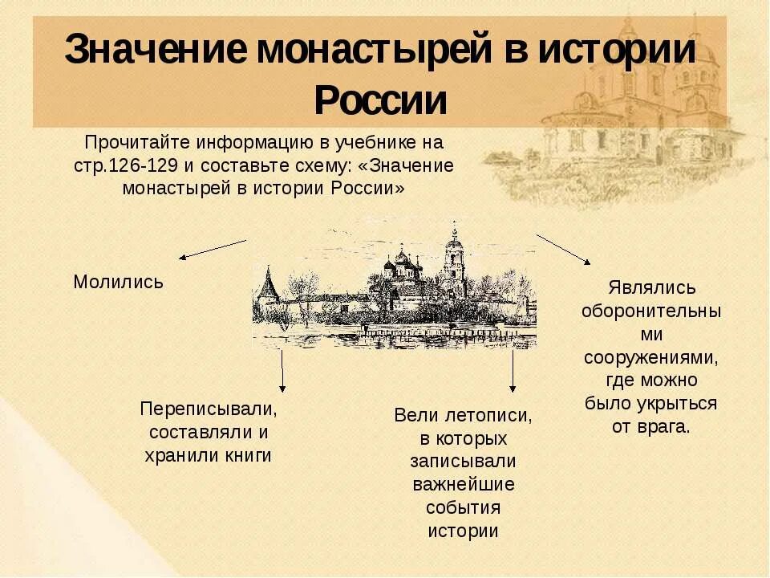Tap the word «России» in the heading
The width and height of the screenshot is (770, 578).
pyautogui.click(x=379, y=100)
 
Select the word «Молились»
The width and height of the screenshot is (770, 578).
pyautogui.click(x=118, y=282)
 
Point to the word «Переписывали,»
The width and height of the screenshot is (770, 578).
pyautogui.click(x=209, y=409)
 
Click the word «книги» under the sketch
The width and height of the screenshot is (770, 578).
pyautogui.click(x=249, y=455)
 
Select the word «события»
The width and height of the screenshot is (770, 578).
pyautogui.click(x=464, y=508)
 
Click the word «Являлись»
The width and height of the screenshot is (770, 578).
pyautogui.click(x=651, y=287)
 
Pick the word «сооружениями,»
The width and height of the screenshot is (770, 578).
pyautogui.click(x=650, y=356)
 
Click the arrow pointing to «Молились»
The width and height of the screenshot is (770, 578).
pyautogui.click(x=212, y=249)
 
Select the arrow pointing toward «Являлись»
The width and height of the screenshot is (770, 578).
pyautogui.click(x=563, y=249)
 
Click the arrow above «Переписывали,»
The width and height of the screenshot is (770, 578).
pyautogui.click(x=282, y=368)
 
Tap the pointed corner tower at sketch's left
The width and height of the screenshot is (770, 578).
pyautogui.click(x=266, y=289)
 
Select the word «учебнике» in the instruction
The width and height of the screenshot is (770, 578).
pyautogui.click(x=381, y=144)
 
